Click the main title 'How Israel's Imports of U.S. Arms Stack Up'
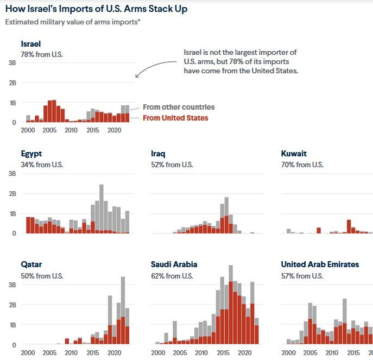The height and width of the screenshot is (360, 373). pos(97,9)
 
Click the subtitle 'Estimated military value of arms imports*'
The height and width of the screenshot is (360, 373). pos(72,22)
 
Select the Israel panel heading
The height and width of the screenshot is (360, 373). pos(31,44)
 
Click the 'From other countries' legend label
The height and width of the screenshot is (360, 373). pos(179,107)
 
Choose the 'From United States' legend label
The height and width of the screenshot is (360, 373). pos(175,118)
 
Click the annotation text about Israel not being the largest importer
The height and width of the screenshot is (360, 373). pos(241,61)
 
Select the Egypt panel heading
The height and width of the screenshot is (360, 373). pos(31,154)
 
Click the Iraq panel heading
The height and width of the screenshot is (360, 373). pos(158,154)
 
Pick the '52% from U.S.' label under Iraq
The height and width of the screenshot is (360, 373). pos(172,165)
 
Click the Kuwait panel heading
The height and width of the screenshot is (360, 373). pos(294,154)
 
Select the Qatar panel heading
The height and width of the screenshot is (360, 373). pos(31,264)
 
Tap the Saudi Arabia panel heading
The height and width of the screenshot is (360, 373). pos(174,264)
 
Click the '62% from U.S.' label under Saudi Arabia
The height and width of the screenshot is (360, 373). pos(172,275)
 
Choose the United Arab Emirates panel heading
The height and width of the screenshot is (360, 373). pos(320,264)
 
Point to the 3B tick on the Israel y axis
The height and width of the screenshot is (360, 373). pos(12,63)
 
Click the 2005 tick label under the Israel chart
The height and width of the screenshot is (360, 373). pos(49,130)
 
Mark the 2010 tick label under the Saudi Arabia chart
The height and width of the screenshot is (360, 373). pos(201,352)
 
